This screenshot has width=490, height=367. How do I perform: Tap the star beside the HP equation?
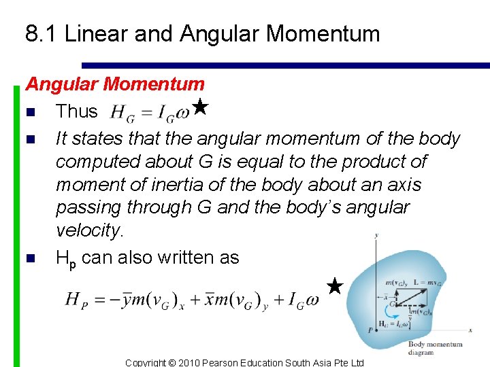[334, 286]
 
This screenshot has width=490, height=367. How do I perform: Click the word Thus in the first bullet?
[76, 111]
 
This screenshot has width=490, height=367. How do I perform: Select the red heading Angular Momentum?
[115, 84]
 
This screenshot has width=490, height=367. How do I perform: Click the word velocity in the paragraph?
[88, 231]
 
